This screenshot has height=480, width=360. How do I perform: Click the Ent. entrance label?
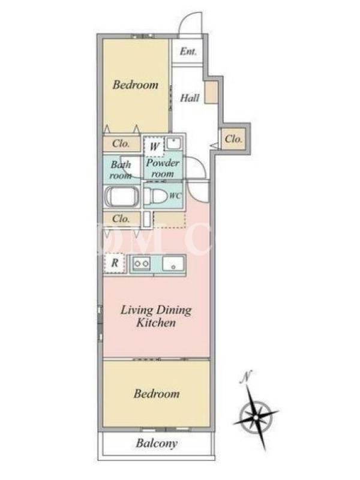tap(188, 51)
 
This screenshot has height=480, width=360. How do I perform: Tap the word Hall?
tap(190, 98)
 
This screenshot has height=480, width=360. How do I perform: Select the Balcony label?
tap(157, 443)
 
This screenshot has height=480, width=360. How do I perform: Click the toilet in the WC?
tap(156, 196)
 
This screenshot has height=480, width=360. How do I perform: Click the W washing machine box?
tap(154, 146)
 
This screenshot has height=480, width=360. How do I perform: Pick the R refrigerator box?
tap(115, 263)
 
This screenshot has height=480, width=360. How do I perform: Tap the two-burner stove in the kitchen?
tap(141, 263)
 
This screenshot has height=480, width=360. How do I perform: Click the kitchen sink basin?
tap(173, 263)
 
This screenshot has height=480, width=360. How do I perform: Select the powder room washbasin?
tap(174, 143)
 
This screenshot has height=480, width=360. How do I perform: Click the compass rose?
tap(256, 416)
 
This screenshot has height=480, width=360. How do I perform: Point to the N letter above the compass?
tap(246, 377)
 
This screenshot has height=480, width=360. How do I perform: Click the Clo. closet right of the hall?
tap(233, 139)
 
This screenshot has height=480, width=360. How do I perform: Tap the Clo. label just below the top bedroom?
tap(121, 143)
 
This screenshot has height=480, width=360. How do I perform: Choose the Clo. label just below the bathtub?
tap(121, 218)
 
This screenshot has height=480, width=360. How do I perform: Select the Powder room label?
tap(163, 168)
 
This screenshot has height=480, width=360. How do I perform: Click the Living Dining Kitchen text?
tap(156, 316)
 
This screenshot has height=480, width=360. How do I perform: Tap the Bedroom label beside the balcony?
tap(157, 394)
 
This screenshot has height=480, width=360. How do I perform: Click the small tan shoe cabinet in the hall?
tap(211, 92)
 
